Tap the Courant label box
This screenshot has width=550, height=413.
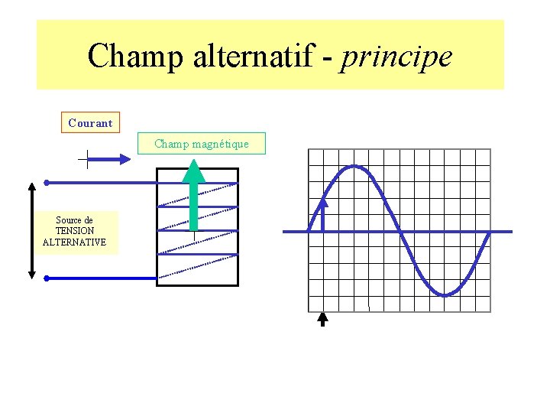(90, 122)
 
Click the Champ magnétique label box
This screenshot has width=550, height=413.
(202, 144)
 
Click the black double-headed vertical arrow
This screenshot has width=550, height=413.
(31, 229)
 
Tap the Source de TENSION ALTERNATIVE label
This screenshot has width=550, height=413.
(75, 232)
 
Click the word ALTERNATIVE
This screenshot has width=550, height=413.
(75, 242)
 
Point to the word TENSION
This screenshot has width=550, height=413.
(75, 231)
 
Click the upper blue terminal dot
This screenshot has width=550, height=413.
(47, 183)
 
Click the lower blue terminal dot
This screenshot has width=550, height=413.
(47, 278)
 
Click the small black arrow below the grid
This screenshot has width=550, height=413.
(322, 318)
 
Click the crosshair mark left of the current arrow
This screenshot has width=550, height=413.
(86, 159)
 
